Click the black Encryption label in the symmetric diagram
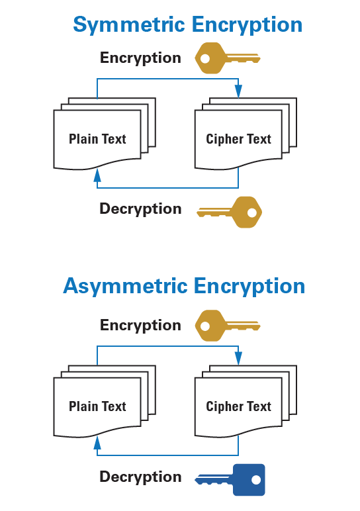point(140,58)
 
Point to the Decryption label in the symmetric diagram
point(140,209)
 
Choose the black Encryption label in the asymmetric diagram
point(140,325)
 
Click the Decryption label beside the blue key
point(140,477)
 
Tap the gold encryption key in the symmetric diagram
point(226,58)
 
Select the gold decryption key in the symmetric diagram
point(230,212)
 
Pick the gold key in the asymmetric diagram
point(226,326)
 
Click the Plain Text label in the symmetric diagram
point(97,139)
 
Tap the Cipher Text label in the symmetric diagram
point(238,139)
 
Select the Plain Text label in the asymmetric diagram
point(97,406)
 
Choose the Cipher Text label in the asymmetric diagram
point(238,406)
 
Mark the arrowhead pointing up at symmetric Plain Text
point(97,175)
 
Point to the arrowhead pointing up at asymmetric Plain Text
point(97,442)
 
